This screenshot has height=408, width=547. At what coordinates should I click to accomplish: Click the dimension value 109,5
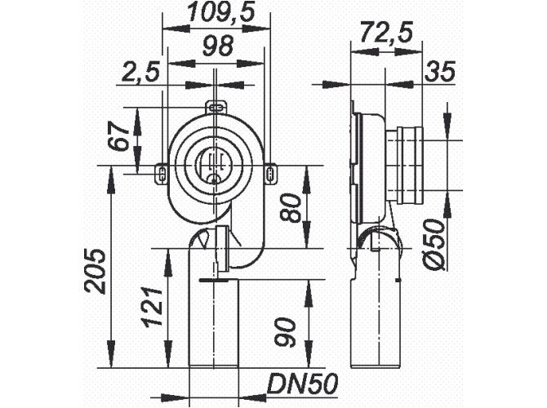pyautogui.click(x=215, y=14)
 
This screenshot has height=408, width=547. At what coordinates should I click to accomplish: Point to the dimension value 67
pyautogui.click(x=121, y=137)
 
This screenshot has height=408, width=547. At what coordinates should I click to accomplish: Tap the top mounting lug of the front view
pyautogui.click(x=215, y=107)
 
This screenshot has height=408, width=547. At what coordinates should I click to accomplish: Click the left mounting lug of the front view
pyautogui.click(x=161, y=171)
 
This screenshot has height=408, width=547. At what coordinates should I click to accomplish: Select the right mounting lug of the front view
pyautogui.click(x=270, y=171)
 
